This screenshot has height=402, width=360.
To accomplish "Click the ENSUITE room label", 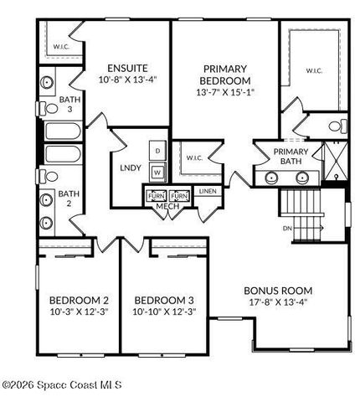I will pyautogui.click(x=128, y=68).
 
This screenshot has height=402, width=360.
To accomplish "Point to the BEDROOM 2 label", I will pyautogui.click(x=79, y=300).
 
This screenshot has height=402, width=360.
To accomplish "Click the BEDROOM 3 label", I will pyautogui.click(x=164, y=300).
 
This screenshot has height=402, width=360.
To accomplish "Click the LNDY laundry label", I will pyautogui.click(x=131, y=167).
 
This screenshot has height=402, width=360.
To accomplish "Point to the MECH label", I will pyautogui.click(x=168, y=206).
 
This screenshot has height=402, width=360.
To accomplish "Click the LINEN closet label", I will pyautogui.click(x=207, y=192).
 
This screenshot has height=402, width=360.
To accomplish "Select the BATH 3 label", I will pyautogui.click(x=69, y=105).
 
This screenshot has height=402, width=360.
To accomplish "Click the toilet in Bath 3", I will pyautogui.click(x=47, y=85).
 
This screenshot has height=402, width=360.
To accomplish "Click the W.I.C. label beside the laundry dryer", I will pyautogui.click(x=193, y=157).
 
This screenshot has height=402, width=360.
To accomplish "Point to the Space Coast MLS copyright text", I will pyautogui.click(x=63, y=385).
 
